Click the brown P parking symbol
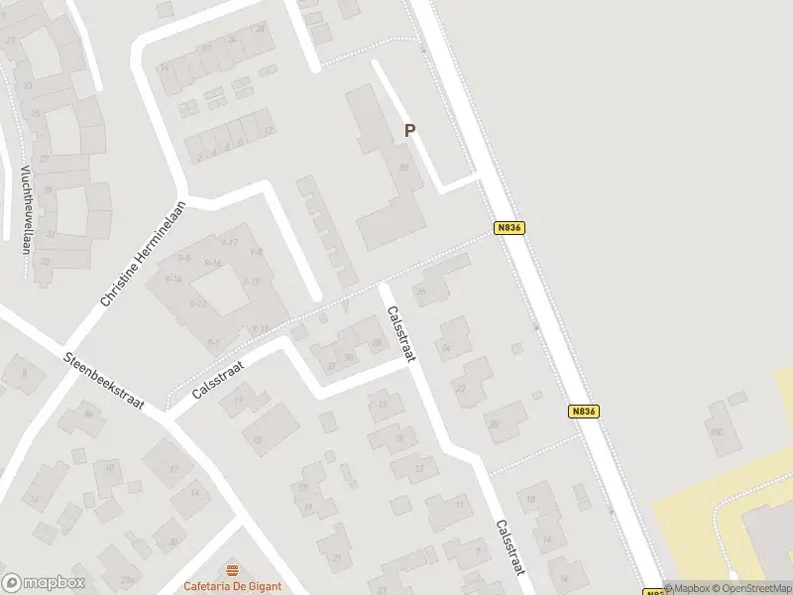408,130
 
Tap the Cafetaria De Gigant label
234,585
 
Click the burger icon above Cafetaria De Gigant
234,568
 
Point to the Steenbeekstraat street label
103,381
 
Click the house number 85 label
403,168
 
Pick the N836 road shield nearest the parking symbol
509,227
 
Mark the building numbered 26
419,291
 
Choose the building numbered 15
258,439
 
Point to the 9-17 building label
229,242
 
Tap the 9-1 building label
213,342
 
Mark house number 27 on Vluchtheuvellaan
42,160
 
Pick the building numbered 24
446,348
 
